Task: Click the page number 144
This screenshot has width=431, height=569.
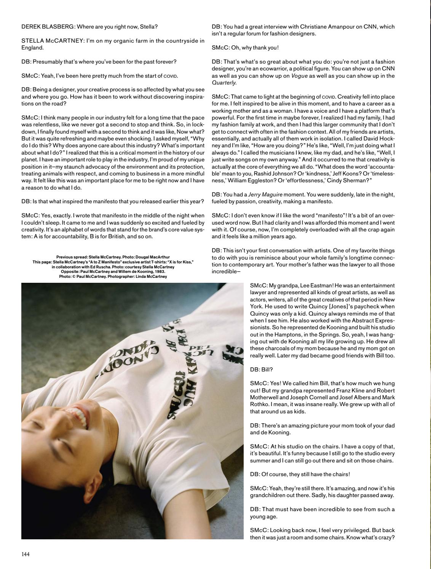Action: tap(26, 554)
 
